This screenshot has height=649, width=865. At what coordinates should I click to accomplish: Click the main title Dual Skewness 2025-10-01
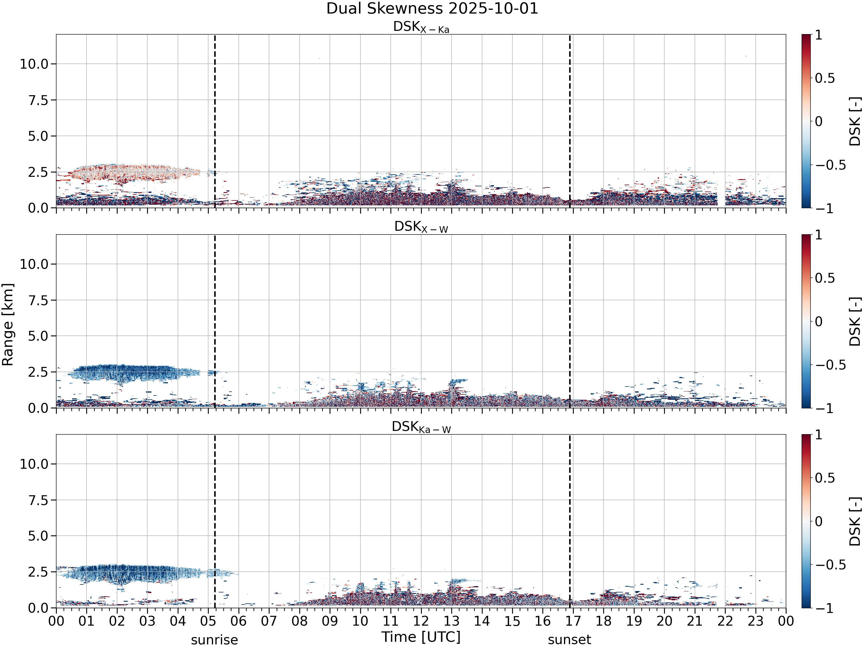click(x=432, y=9)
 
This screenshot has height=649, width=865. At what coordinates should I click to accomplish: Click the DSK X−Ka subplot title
click(x=421, y=27)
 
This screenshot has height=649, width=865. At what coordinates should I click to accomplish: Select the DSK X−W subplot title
click(x=421, y=227)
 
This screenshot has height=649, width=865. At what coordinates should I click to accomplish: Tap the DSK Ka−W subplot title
click(x=421, y=427)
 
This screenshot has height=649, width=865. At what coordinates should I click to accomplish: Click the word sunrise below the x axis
click(x=214, y=640)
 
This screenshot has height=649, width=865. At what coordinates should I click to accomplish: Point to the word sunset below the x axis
click(x=569, y=640)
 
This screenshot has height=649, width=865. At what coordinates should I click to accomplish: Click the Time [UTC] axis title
click(x=421, y=637)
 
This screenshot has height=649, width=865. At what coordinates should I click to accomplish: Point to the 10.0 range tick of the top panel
click(x=34, y=64)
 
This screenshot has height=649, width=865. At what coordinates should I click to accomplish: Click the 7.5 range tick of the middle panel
click(x=38, y=300)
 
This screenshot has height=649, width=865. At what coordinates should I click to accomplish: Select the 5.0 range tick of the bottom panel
click(x=38, y=536)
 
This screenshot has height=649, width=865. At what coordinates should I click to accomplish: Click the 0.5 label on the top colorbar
click(x=825, y=78)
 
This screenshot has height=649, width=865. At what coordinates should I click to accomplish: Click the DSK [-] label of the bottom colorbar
click(x=855, y=522)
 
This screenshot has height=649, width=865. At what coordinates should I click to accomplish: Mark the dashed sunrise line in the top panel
click(x=215, y=121)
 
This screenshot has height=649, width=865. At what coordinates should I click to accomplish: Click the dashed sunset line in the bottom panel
click(x=570, y=521)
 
